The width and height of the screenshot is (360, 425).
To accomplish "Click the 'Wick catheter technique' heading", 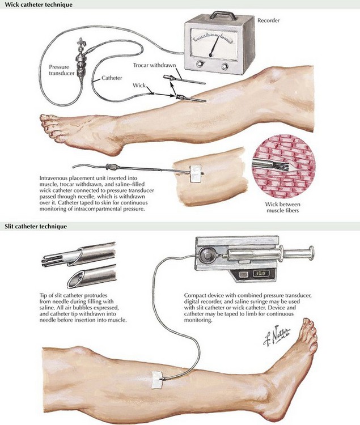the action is (39, 5).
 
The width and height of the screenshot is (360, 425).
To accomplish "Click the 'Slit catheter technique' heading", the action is (36, 226).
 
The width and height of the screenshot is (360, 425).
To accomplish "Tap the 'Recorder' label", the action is (268, 20).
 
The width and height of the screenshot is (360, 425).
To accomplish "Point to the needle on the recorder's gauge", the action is (214, 45).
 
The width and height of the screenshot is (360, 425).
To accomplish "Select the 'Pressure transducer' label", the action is (62, 70).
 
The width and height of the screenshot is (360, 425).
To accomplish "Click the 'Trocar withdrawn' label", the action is (155, 65).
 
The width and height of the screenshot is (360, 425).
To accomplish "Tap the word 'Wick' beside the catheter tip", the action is (139, 86).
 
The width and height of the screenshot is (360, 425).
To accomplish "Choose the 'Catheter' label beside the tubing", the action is (112, 78).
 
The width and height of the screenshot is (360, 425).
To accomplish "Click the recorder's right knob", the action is (225, 66).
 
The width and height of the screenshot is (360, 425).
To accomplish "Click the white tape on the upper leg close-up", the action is (196, 173).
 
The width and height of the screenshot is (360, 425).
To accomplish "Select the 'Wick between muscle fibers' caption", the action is (283, 207).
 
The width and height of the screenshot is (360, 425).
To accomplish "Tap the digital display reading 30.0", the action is (261, 273).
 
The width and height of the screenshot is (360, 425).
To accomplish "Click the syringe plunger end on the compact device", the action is (312, 252).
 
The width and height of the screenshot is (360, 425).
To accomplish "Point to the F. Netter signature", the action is (277, 335).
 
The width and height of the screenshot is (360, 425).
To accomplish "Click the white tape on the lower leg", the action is (156, 380).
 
